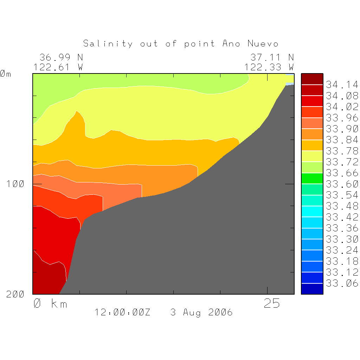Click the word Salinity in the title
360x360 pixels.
click(108, 44)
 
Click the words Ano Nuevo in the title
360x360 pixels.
click(250, 44)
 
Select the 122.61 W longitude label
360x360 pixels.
click(58, 67)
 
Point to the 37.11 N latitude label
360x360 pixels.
click(272, 57)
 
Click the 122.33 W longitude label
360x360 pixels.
click(269, 67)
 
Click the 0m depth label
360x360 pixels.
click(5, 74)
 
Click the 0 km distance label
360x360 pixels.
click(50, 303)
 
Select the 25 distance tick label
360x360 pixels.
click(272, 303)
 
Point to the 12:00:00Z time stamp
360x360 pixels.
click(122, 312)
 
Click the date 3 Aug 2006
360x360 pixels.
click(201, 312)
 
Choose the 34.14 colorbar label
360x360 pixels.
click(342, 85)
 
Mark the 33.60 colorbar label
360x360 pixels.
click(342, 184)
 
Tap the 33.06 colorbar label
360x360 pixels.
click(342, 283)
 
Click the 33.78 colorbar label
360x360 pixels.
click(342, 151)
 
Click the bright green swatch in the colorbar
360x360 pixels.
click(312, 179)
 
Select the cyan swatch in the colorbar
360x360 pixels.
click(312, 212)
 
